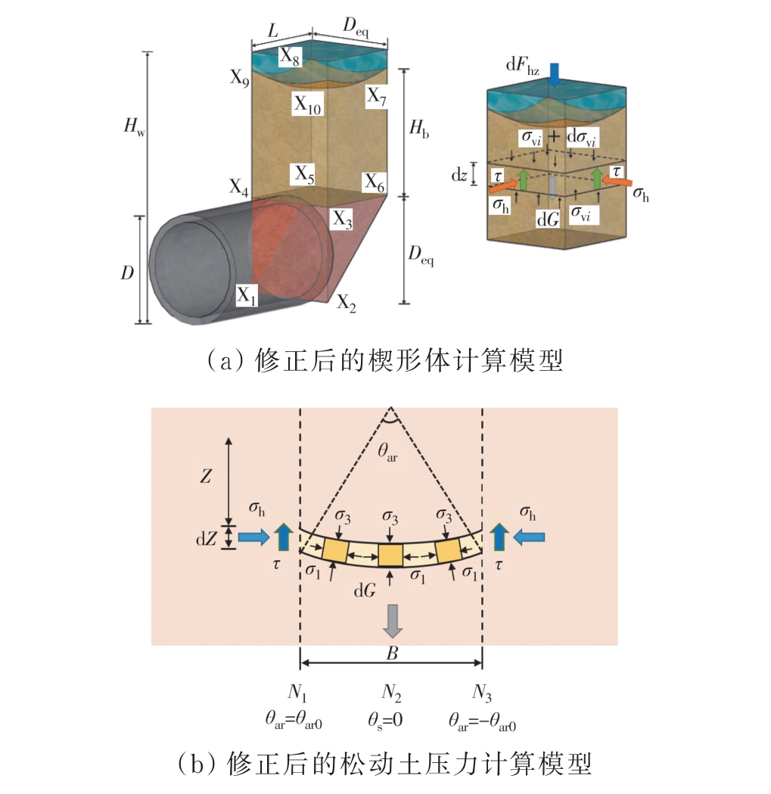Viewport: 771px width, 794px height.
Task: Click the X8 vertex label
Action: [x=290, y=55]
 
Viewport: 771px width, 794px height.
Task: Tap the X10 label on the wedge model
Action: [x=308, y=105]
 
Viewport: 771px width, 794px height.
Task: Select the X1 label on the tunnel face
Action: [x=247, y=295]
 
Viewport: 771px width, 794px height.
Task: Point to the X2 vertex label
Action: [x=347, y=303]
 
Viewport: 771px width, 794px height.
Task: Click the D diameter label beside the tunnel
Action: [x=126, y=272]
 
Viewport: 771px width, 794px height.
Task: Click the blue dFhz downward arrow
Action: [x=555, y=73]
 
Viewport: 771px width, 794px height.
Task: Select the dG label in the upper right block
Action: [x=548, y=219]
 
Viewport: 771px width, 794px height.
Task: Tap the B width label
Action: [x=391, y=653]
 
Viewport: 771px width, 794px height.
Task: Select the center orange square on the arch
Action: [x=390, y=554]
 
